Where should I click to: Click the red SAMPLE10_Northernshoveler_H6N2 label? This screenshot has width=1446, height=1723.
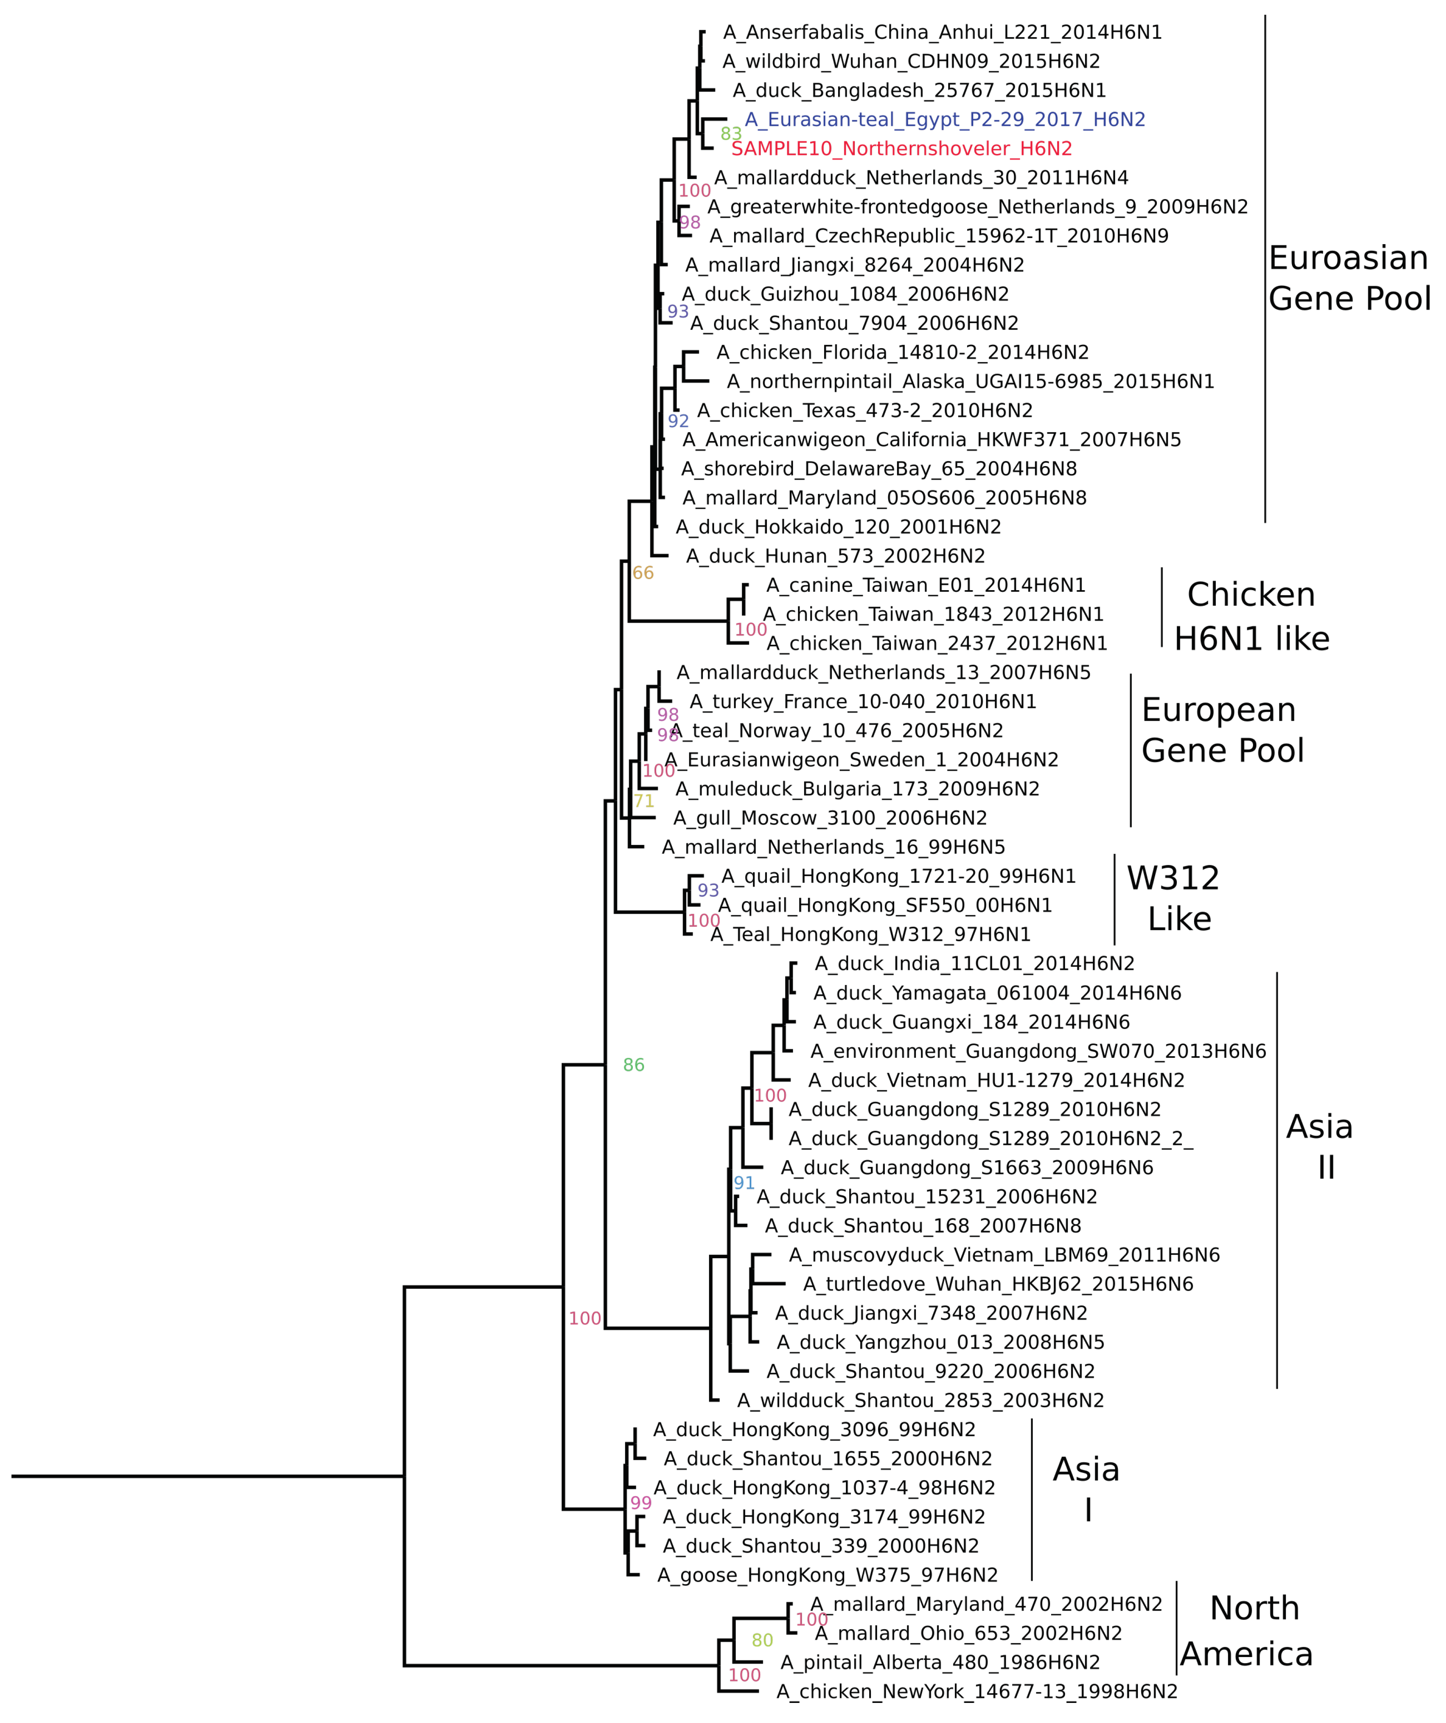click(x=901, y=149)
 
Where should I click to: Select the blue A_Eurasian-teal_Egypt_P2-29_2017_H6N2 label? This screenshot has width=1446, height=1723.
click(x=945, y=120)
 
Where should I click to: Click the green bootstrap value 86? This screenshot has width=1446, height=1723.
click(x=634, y=1065)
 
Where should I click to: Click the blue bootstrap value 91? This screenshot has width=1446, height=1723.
click(x=743, y=1183)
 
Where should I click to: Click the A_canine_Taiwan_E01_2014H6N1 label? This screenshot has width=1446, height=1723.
click(x=926, y=585)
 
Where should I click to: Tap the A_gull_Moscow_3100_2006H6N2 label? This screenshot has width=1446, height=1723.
click(x=830, y=818)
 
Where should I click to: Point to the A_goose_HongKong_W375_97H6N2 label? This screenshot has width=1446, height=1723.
click(x=827, y=1575)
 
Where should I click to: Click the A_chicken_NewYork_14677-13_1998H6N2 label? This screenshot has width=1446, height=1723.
click(x=977, y=1692)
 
